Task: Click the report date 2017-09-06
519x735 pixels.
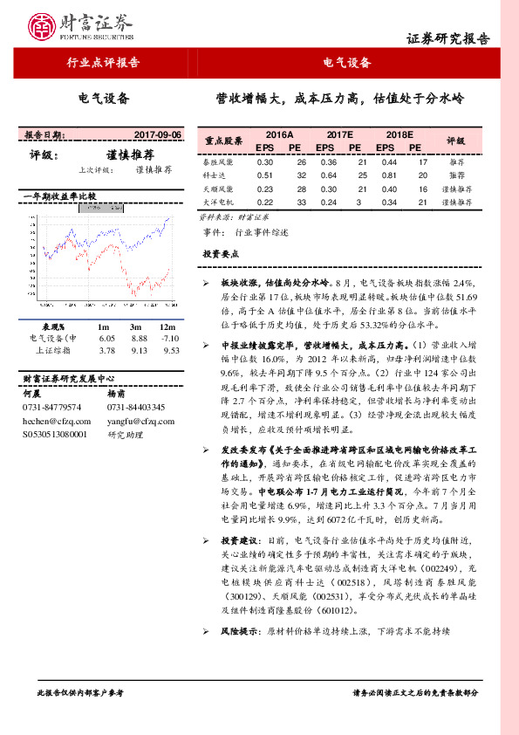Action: tap(158, 135)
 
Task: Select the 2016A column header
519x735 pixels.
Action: tap(279, 135)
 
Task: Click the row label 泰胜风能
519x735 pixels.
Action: tap(217, 162)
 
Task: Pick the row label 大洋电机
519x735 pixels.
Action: tap(217, 202)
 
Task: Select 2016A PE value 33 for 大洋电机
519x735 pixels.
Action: tap(302, 202)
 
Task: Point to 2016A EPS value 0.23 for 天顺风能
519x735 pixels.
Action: tap(265, 189)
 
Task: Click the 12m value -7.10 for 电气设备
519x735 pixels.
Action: tap(171, 338)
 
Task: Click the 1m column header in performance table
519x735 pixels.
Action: tap(107, 326)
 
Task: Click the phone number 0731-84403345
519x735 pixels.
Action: tap(136, 408)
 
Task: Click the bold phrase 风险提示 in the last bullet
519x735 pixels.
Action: tap(237, 629)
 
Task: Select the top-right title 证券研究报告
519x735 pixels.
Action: tap(448, 39)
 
